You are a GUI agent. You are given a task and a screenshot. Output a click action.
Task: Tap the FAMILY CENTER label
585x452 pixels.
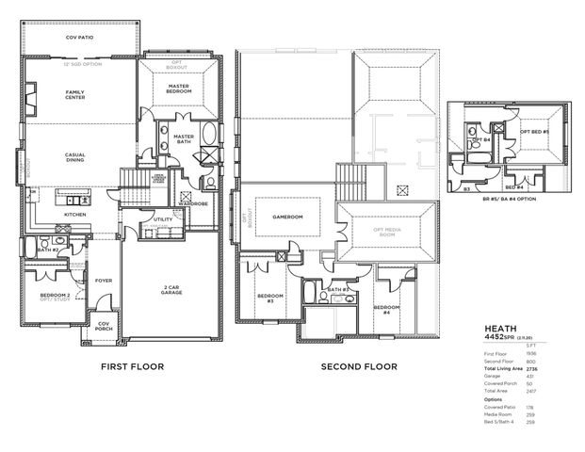tap(75, 95)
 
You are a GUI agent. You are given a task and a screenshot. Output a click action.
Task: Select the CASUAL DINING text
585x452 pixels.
tap(75, 158)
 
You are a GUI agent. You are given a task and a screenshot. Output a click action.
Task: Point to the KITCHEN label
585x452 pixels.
tap(75, 215)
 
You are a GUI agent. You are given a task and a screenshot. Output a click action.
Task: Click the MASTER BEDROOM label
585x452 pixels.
tap(180, 89)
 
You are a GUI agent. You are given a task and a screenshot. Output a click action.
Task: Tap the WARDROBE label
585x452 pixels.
tap(193, 202)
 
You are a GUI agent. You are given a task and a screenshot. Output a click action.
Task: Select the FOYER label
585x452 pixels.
tap(105, 281)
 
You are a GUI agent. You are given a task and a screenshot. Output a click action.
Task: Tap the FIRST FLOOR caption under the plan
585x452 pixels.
tap(131, 366)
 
